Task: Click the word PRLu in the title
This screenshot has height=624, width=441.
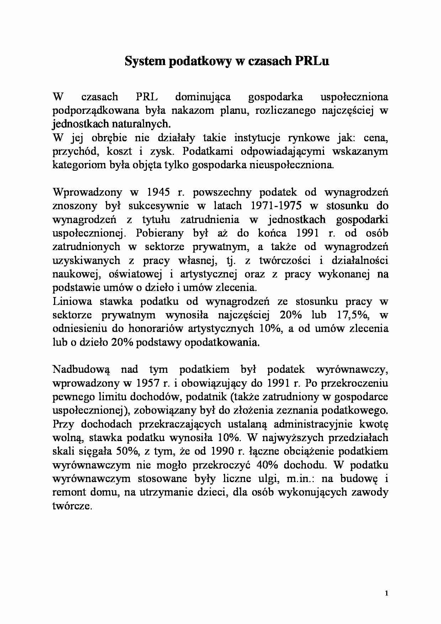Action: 311,61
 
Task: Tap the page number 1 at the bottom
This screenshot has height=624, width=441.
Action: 386,593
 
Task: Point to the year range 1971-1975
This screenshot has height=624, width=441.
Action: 276,206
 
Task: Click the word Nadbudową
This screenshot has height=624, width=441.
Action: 81,369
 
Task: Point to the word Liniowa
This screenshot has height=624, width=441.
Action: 72,301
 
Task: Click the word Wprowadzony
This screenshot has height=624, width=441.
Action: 87,192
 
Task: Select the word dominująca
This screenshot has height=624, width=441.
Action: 203,97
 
